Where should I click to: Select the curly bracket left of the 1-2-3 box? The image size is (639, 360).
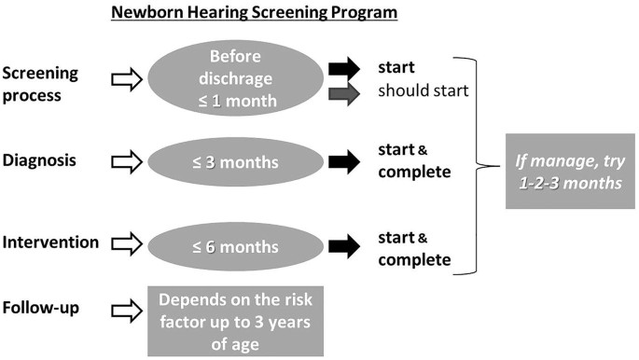click(x=484, y=163)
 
